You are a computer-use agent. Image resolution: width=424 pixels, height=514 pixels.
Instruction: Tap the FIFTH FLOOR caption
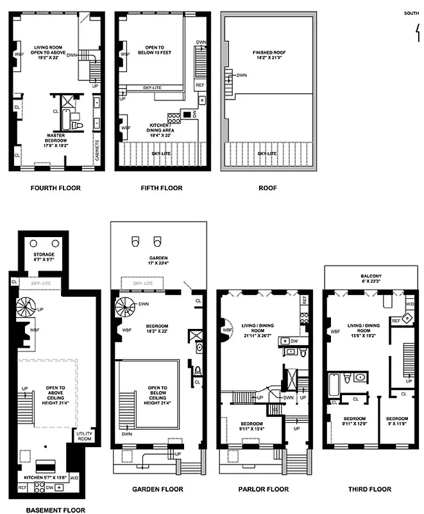[161, 188]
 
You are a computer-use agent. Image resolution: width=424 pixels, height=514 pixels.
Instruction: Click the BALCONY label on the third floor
[371, 277]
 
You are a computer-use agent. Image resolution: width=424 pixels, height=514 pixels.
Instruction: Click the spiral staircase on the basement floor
[27, 308]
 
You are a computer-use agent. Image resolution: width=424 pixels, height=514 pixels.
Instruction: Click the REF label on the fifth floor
[200, 85]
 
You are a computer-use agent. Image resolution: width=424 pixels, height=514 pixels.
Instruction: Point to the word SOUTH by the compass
[412, 12]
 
